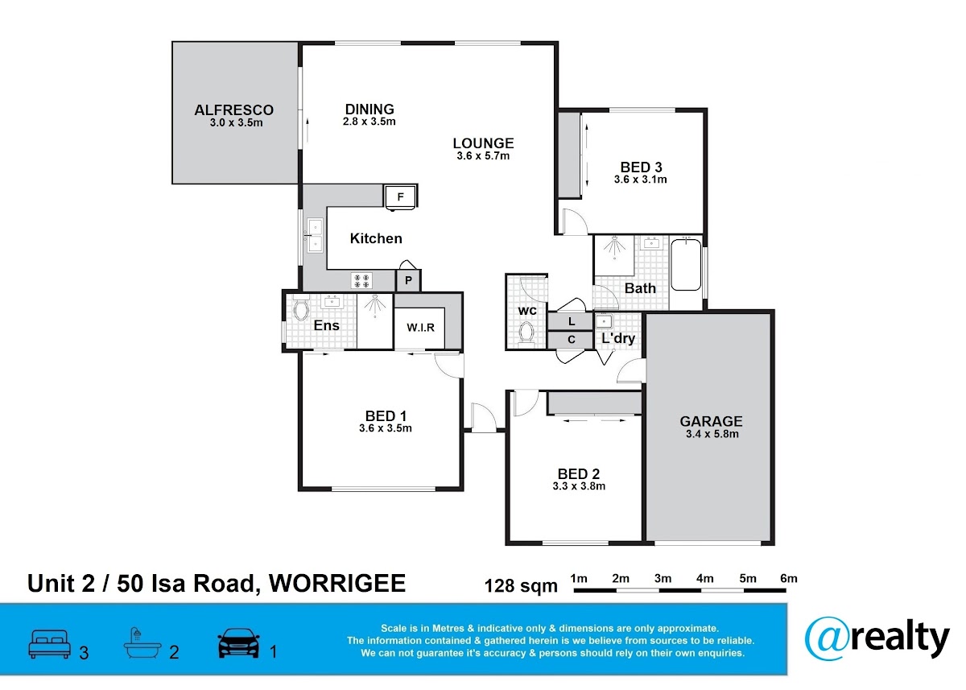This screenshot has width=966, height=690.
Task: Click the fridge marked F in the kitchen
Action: (400, 197)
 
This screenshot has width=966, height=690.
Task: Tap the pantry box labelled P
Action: (408, 281)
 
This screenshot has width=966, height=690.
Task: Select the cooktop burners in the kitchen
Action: (361, 280)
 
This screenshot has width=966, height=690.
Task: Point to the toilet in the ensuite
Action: (300, 308)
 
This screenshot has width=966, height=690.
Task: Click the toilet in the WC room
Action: (526, 334)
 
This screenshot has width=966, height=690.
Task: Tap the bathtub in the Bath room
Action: (686, 264)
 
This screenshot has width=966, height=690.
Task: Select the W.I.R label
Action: (420, 328)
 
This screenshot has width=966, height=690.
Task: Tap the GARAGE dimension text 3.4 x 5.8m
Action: (712, 434)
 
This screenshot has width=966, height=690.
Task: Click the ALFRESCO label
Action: (233, 110)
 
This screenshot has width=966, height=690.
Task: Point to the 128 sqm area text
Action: (521, 586)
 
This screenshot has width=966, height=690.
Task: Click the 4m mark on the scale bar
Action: (704, 578)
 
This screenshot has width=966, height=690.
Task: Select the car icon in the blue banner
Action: (238, 643)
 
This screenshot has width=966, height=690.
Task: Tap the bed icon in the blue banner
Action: (49, 644)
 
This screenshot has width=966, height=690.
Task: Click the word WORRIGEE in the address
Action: (337, 584)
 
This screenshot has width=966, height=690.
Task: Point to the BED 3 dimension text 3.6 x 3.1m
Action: (641, 180)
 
